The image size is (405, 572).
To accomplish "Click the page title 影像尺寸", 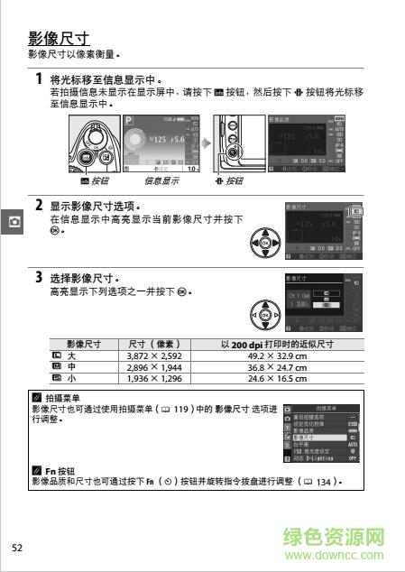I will pos(59,39).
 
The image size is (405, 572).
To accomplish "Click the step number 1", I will pos(39,79).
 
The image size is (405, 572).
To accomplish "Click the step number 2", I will pos(39,205).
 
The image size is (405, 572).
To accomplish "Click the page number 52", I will pos(17,548).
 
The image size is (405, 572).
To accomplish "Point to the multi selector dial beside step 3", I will pos(264,316).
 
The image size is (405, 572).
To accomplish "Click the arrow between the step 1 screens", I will pos(207,143).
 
